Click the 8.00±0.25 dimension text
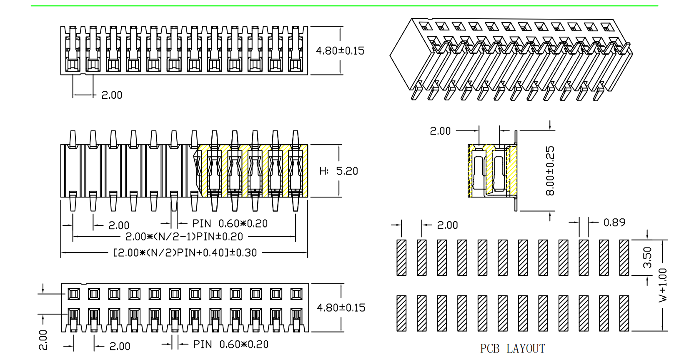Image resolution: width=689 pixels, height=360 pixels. point(550,171)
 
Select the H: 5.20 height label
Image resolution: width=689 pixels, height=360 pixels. point(338,171)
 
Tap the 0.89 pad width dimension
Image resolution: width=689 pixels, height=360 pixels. point(614,222)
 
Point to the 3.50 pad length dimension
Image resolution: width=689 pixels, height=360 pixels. point(647,257)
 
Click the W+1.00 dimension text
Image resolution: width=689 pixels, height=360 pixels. point(663,285)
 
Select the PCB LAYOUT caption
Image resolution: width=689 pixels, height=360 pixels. point(512,348)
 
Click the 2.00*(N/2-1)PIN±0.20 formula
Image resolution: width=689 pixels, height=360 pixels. point(184,237)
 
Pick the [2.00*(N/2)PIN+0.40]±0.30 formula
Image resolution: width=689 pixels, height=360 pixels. point(185,252)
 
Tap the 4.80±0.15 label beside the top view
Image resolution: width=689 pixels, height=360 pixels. point(340,51)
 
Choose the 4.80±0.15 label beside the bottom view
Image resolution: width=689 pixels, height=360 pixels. point(341,308)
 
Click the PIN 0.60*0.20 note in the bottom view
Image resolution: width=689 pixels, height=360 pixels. point(231,345)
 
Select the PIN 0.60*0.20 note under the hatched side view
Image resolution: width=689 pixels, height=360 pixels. point(230,224)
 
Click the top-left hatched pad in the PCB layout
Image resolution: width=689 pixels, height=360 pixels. point(401,257)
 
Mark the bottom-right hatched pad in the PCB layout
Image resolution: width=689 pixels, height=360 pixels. point(624,313)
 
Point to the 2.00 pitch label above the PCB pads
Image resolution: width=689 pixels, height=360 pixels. point(447,225)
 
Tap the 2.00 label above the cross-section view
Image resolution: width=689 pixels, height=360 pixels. point(440,131)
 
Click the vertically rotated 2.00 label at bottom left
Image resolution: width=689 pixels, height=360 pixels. point(43,340)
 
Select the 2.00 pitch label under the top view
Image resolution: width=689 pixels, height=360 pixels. point(112,95)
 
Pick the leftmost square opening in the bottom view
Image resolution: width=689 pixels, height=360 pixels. point(74,294)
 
